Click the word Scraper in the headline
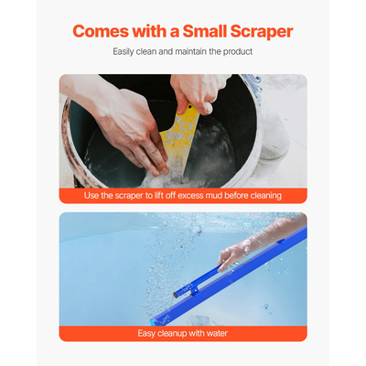pyautogui.click(x=258, y=31)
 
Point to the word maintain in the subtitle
pyautogui.click(x=193, y=51)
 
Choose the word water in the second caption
pyautogui.click(x=216, y=333)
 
